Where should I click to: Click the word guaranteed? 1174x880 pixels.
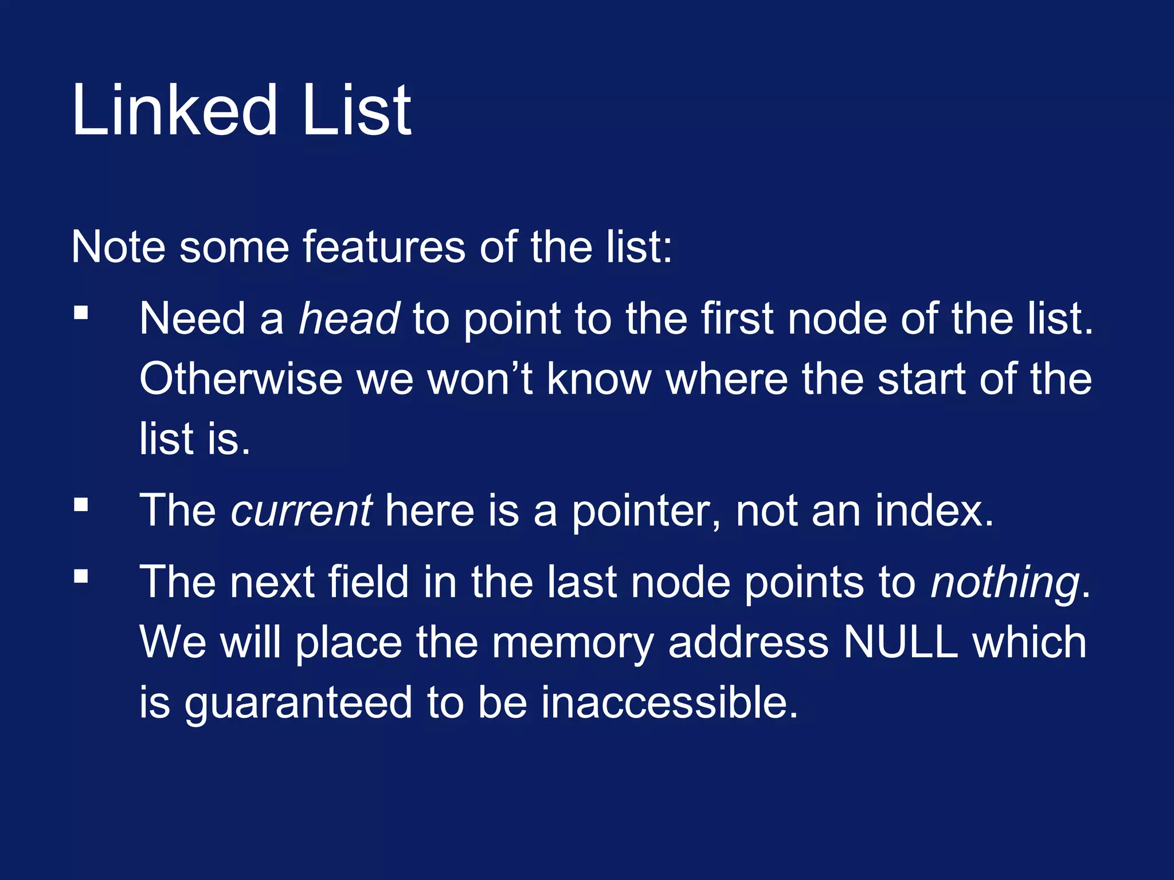pyautogui.click(x=298, y=703)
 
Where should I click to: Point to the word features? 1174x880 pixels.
pyautogui.click(x=383, y=247)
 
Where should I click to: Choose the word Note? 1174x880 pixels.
pyautogui.click(x=119, y=247)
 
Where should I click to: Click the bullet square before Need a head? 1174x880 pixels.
pyautogui.click(x=81, y=313)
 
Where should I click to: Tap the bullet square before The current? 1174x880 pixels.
pyautogui.click(x=81, y=505)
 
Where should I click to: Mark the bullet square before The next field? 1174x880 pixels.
pyautogui.click(x=81, y=576)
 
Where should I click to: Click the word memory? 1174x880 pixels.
pyautogui.click(x=573, y=643)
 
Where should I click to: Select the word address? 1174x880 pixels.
pyautogui.click(x=749, y=642)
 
